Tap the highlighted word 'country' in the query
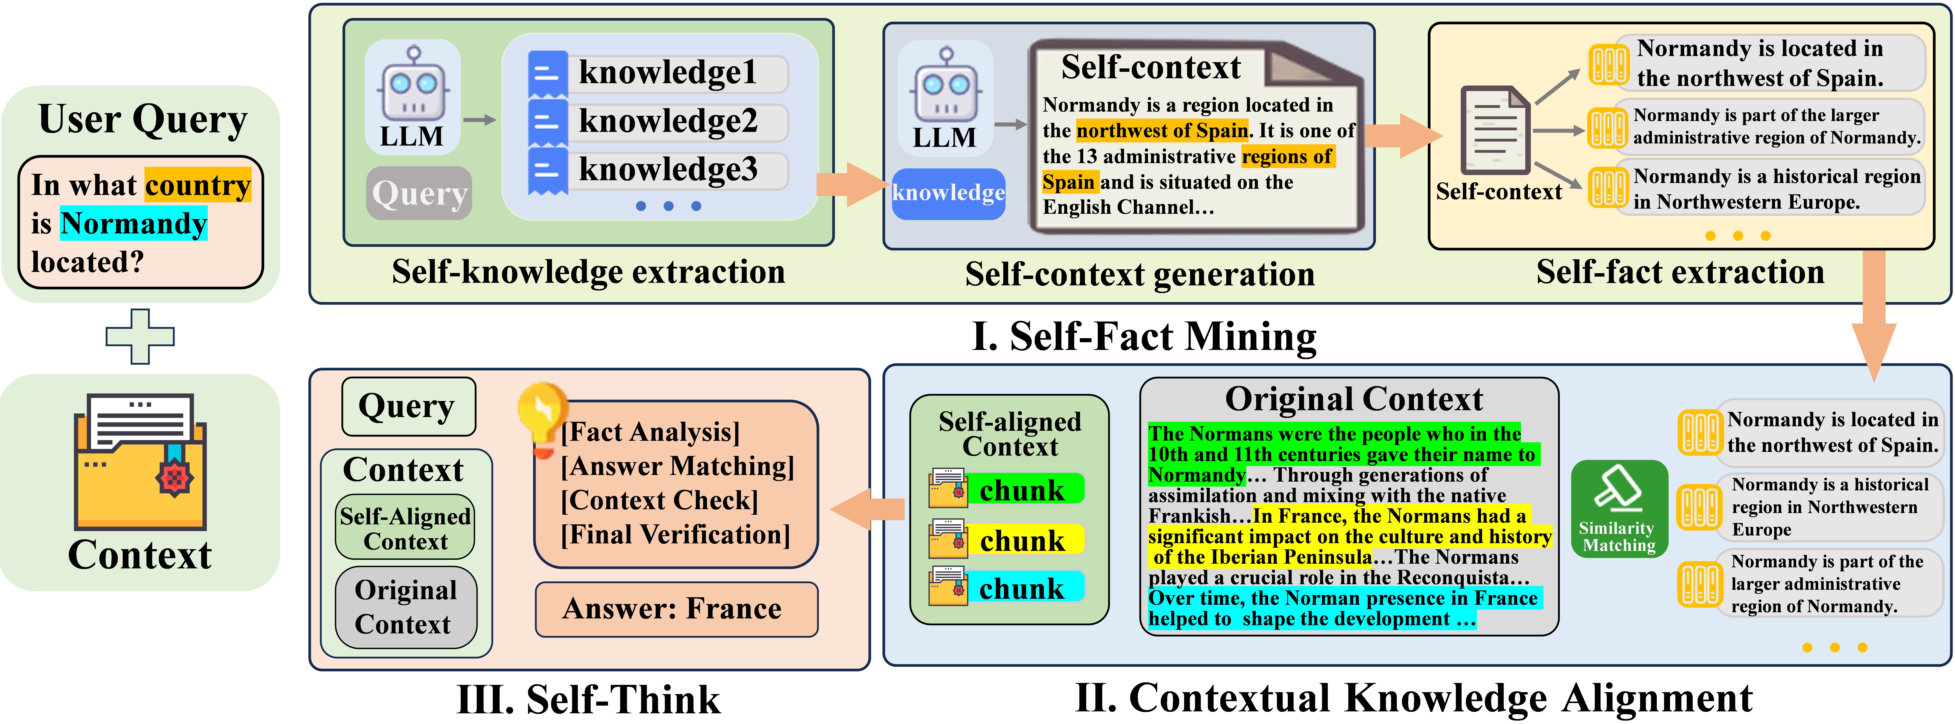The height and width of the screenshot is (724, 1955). click(x=197, y=185)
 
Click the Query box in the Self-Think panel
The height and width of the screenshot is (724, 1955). click(x=408, y=407)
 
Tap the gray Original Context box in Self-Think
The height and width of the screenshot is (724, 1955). click(x=406, y=607)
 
